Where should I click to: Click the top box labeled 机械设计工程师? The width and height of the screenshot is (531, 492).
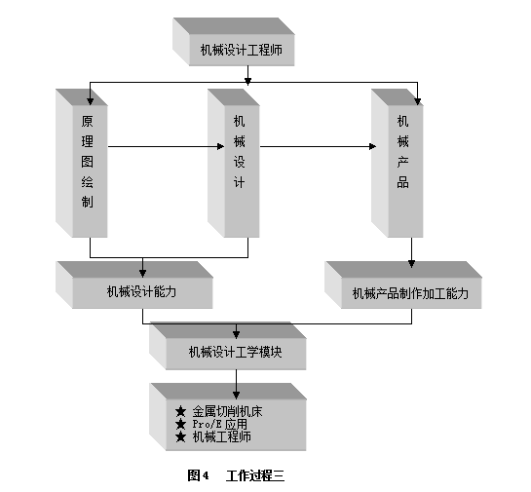point(234,42)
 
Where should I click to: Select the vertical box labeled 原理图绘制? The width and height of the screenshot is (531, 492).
point(82,163)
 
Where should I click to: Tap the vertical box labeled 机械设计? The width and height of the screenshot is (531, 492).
point(234,163)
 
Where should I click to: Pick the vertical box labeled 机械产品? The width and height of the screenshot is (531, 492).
point(398,163)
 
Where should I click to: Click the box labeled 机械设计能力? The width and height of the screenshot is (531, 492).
point(134,284)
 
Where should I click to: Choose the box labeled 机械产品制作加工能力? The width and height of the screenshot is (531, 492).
point(403,284)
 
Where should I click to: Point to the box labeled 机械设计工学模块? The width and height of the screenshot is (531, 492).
point(228,346)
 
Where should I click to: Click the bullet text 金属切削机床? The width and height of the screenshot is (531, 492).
point(227,411)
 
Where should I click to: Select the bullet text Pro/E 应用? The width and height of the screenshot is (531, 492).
point(220,424)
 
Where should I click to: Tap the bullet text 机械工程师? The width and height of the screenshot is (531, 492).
point(222,436)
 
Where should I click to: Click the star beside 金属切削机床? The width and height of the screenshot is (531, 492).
point(181,411)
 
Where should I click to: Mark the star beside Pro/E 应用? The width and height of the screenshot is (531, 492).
point(181,424)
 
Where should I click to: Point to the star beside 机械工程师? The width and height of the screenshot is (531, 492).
point(181,436)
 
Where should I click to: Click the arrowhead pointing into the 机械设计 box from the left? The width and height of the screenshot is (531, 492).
point(220,146)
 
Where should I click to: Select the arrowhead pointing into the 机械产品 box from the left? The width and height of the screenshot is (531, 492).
point(372,146)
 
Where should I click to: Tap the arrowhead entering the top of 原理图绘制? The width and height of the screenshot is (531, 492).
point(90,101)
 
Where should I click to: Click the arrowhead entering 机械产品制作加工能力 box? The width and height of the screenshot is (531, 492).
point(412,264)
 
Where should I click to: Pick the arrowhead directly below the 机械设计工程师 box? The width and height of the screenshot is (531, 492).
point(247,81)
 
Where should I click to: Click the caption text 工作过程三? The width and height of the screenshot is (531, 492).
point(255,475)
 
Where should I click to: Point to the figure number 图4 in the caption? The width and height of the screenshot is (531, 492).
point(198,475)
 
